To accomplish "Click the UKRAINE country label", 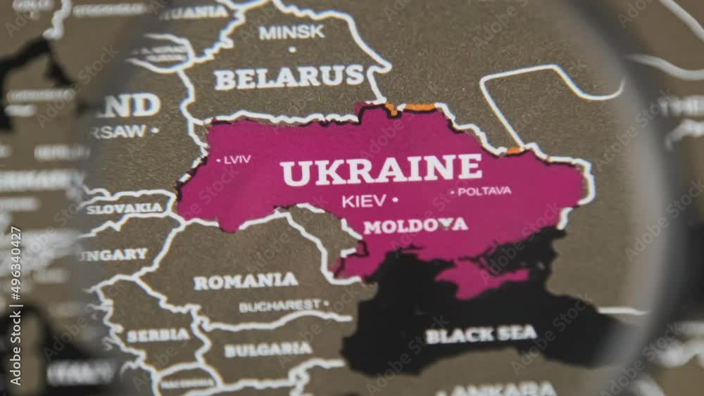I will pyautogui.click(x=381, y=170).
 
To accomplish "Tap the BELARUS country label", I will pyautogui.click(x=289, y=77).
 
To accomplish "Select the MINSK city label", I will pyautogui.click(x=291, y=32).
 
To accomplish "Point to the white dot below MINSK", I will pyautogui.click(x=292, y=49).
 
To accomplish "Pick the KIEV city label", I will pyautogui.click(x=363, y=201).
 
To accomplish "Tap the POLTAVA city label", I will pyautogui.click(x=484, y=191).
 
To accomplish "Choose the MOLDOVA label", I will pyautogui.click(x=415, y=226).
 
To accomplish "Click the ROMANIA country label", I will pyautogui.click(x=246, y=281).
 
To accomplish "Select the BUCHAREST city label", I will pyautogui.click(x=279, y=306).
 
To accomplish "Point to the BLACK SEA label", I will pyautogui.click(x=481, y=334).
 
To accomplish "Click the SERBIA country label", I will pyautogui.click(x=158, y=336).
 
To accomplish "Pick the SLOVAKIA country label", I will pyautogui.click(x=125, y=208).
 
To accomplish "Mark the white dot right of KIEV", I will pyautogui.click(x=394, y=200).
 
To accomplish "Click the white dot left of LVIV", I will pyautogui.click(x=219, y=160).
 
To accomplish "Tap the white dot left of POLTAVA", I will pyautogui.click(x=453, y=191).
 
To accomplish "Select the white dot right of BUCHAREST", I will pyautogui.click(x=326, y=304).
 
